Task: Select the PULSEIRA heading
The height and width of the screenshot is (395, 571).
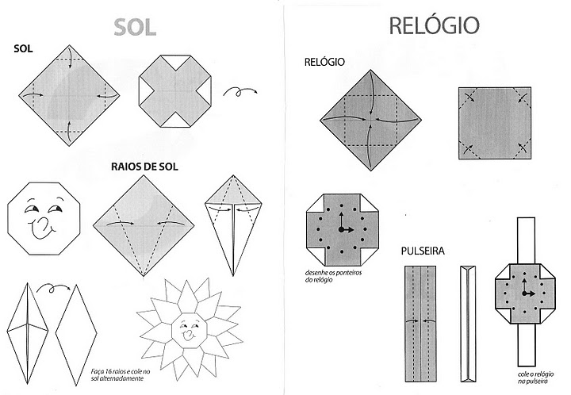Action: click(x=422, y=251)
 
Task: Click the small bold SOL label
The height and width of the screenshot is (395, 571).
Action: click(x=24, y=49)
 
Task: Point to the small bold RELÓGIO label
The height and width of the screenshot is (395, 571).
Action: click(x=324, y=61)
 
